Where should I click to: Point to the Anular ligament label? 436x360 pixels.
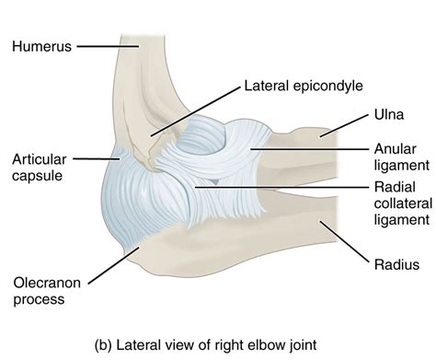(x=401, y=157)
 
